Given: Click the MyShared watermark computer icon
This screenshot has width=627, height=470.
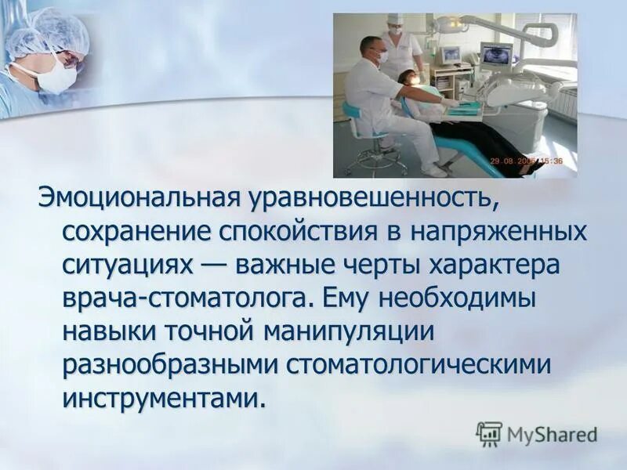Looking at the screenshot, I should (489, 433).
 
